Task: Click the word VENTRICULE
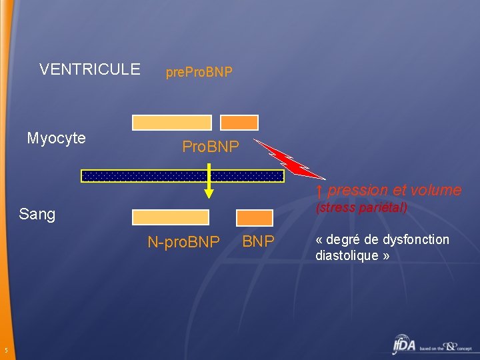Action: (90, 69)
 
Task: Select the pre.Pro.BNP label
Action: (199, 71)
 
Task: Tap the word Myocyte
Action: (56, 138)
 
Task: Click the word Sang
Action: (37, 214)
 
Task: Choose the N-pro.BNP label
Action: (183, 243)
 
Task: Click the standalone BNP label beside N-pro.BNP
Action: (258, 241)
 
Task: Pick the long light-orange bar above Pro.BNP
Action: (172, 123)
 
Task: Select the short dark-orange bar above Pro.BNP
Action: (239, 123)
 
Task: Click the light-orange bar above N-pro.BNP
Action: (171, 217)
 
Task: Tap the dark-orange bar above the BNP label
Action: (255, 217)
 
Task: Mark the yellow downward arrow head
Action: (209, 193)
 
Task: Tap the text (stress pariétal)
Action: (361, 207)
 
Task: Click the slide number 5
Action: (5, 351)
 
